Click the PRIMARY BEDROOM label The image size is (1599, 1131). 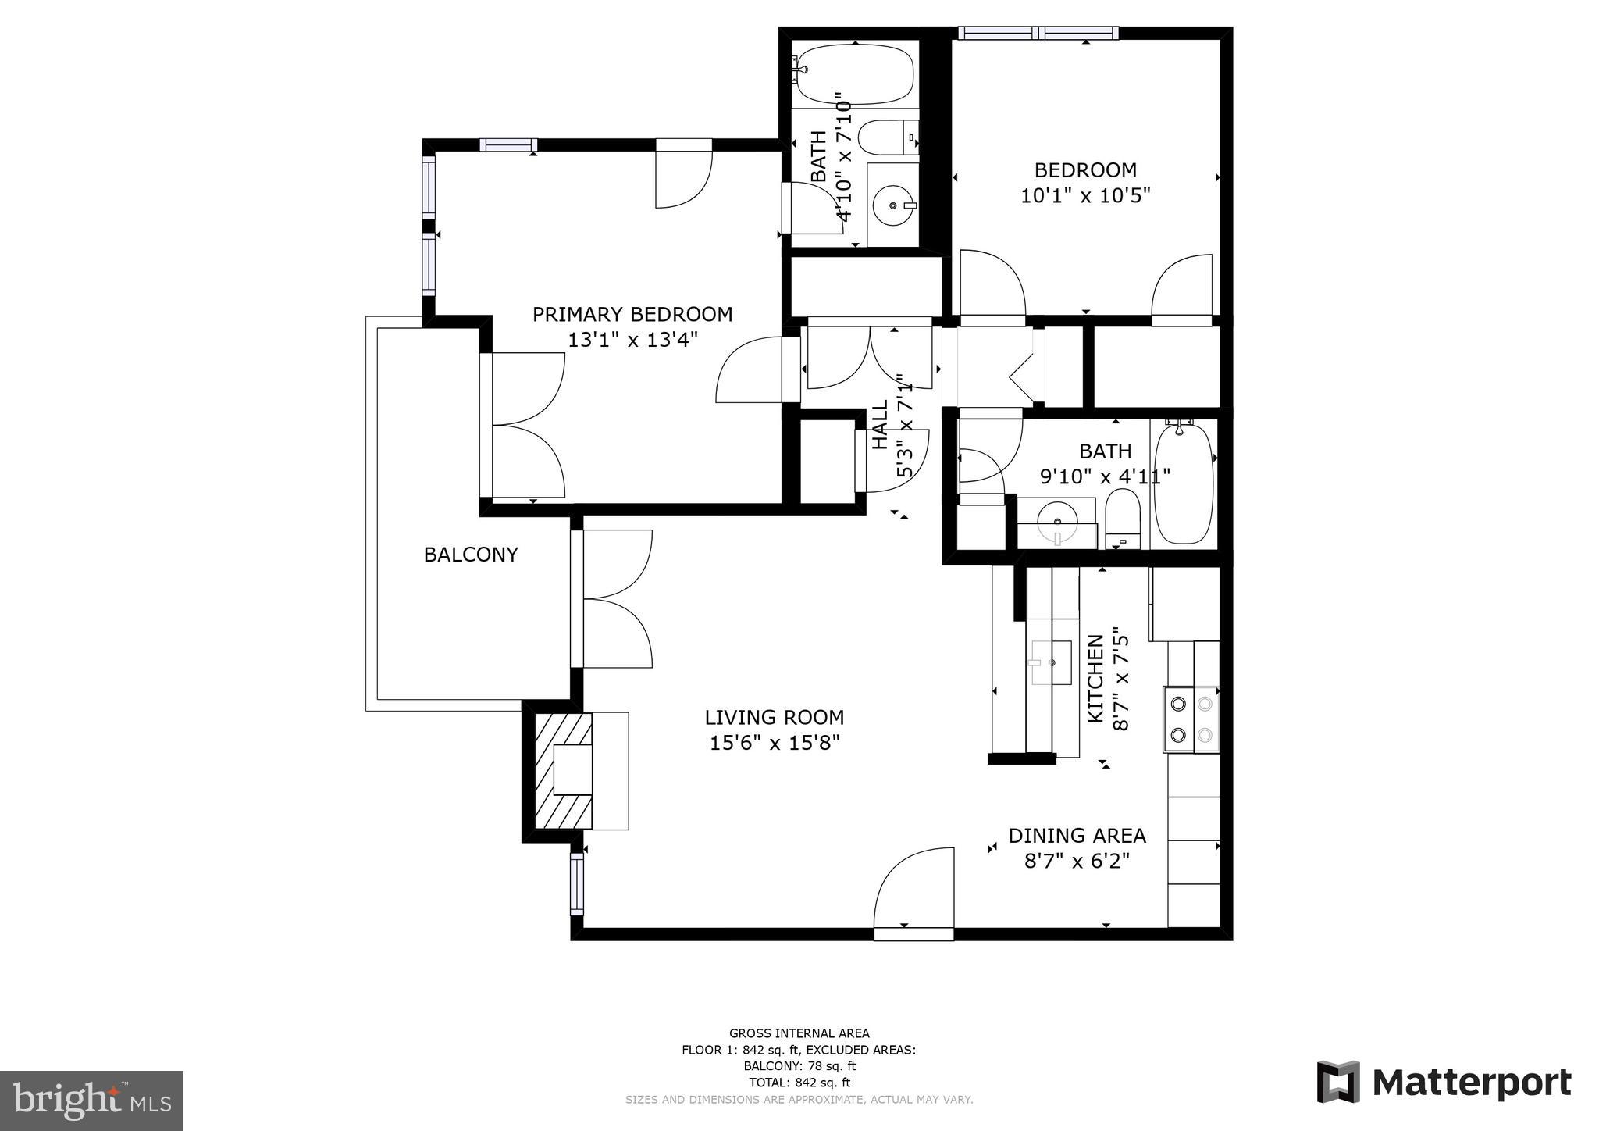[632, 314]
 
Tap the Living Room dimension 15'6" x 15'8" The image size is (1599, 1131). [774, 742]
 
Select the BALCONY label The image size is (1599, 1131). [471, 555]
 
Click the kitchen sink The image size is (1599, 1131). [1051, 662]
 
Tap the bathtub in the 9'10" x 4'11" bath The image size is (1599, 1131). [1184, 483]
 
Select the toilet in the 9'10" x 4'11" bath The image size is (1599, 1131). [1123, 516]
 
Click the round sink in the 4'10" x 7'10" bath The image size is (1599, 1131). [892, 205]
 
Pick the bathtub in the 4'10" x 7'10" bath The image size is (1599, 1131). [855, 74]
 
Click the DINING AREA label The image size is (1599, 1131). [1077, 836]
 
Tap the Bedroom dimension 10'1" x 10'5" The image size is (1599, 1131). [1085, 195]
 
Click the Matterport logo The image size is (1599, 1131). [1444, 1083]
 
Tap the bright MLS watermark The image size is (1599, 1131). [91, 1101]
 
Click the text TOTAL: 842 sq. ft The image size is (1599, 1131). [799, 1083]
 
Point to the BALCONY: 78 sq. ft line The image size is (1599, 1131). [799, 1066]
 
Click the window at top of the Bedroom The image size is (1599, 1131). [1038, 33]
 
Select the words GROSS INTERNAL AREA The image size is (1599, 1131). [799, 1033]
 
